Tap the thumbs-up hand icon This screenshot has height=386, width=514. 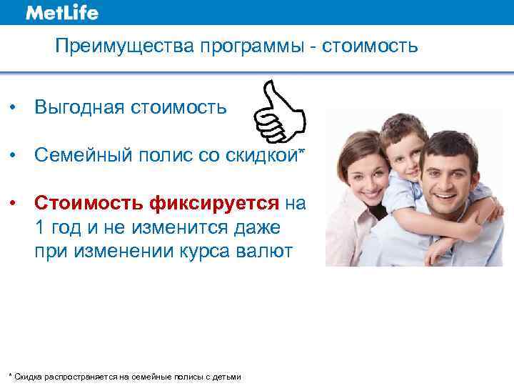click(281, 112)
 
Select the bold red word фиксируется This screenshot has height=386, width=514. click(215, 204)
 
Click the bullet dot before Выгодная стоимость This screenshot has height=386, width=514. click(14, 107)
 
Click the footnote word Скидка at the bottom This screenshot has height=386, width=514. click(27, 377)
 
